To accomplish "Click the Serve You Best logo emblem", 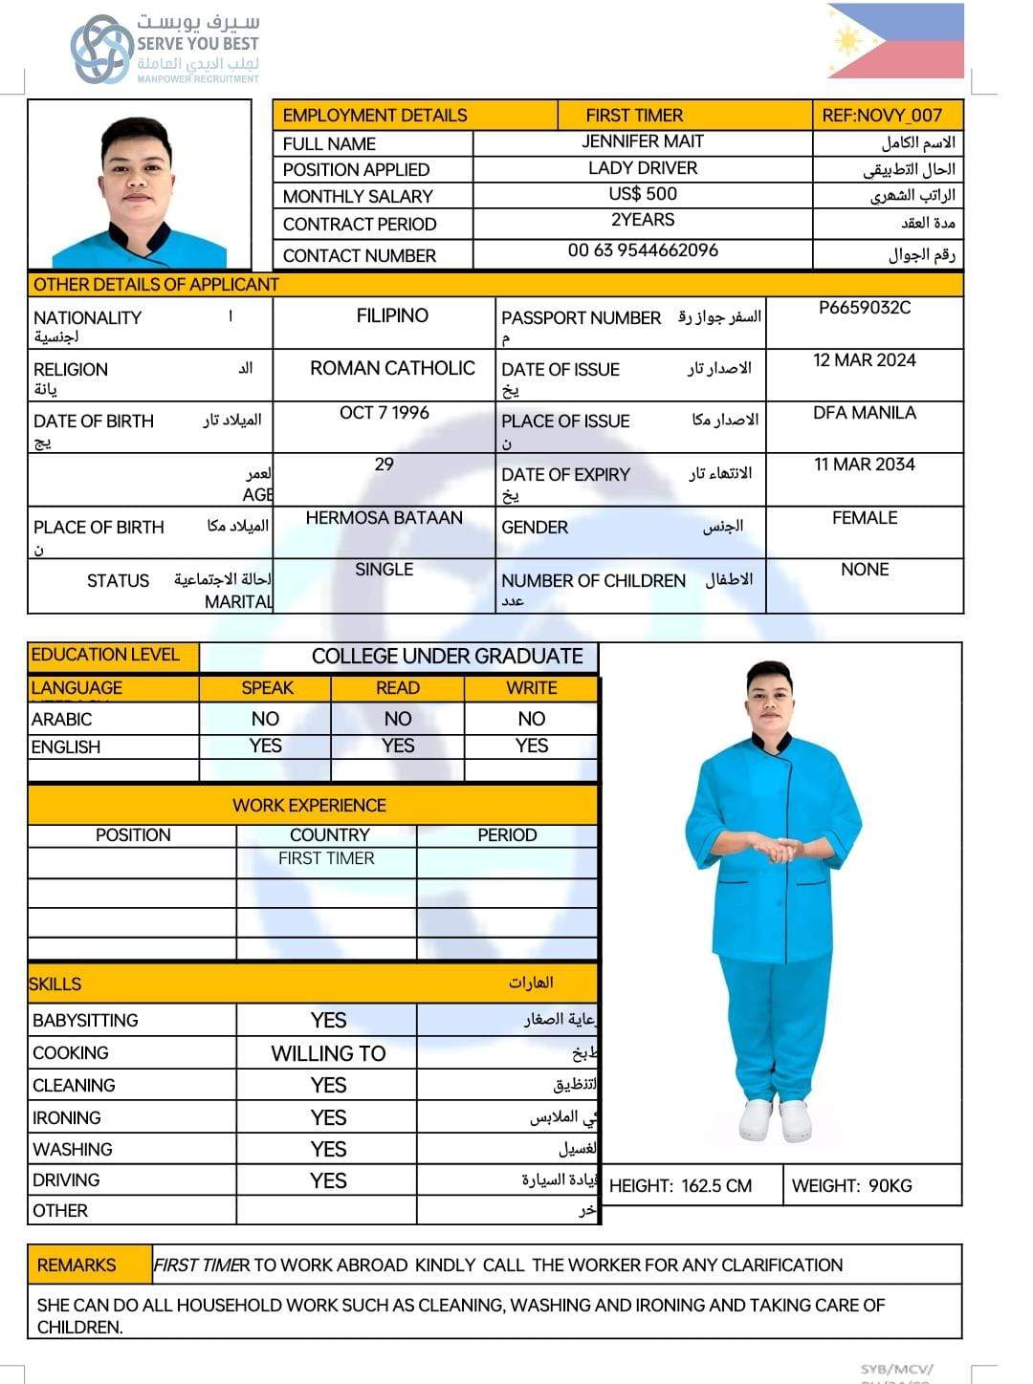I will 101,49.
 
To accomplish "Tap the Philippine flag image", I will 895,41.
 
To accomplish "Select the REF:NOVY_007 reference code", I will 882,116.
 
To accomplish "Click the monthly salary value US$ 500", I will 643,194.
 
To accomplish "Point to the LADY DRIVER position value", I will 643,168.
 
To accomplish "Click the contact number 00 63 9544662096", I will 643,250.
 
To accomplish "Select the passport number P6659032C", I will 865,308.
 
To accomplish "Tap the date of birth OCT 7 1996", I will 385,413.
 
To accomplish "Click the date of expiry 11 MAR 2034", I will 865,465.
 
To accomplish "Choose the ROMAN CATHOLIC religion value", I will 392,368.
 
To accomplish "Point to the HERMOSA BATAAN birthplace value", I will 385,518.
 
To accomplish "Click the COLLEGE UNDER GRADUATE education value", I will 447,657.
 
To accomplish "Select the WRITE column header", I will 532,688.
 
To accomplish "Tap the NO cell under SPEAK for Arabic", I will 265,719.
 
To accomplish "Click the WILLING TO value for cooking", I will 328,1053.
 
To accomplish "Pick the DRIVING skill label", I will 66,1180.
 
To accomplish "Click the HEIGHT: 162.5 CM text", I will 680,1186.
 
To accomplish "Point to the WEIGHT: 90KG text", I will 851,1186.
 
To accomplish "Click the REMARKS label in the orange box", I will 77,1265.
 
